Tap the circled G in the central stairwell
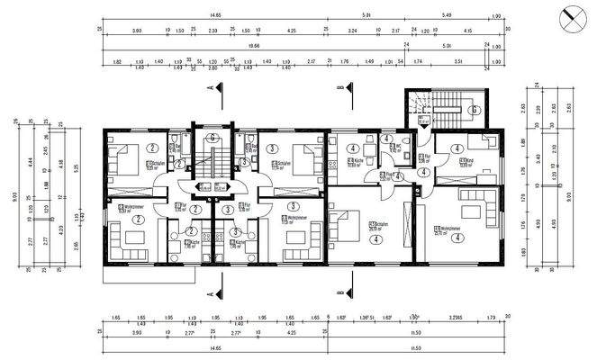pos(211,138)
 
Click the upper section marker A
pos(210,88)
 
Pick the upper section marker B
pos(339,88)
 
